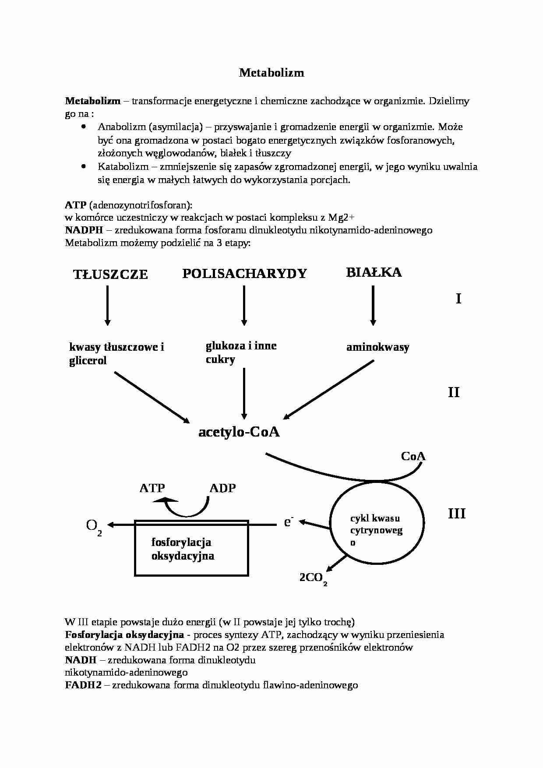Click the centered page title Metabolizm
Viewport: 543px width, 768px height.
tap(271, 73)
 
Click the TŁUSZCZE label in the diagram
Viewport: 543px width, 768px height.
tap(110, 275)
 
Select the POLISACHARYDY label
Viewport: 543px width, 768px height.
tap(245, 274)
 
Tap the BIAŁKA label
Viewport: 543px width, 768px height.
tap(374, 272)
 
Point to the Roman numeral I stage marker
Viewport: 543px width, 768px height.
tap(458, 299)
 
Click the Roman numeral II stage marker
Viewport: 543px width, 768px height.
tap(454, 392)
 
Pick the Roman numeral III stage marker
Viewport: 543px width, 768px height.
tap(456, 513)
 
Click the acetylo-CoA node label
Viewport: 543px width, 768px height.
tap(239, 432)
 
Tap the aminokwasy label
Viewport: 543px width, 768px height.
tap(377, 347)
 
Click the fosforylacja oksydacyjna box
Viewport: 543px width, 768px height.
tap(191, 548)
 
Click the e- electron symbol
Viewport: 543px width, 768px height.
tap(288, 521)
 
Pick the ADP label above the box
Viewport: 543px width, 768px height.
tap(222, 488)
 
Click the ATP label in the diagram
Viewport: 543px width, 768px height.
tap(152, 488)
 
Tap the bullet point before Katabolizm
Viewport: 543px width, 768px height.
tap(84, 166)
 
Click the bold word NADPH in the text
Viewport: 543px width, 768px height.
tap(82, 230)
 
